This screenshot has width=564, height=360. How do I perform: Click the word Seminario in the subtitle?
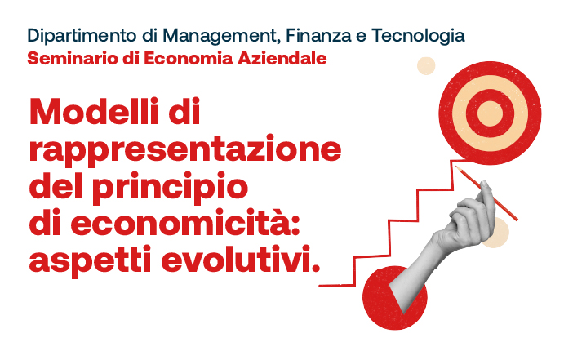73,59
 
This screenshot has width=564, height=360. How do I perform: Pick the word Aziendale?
282,59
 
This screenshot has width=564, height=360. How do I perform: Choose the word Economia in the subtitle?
188,59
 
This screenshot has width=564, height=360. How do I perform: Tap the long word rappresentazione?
185,150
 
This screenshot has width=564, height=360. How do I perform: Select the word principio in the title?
170,187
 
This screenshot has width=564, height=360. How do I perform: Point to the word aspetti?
90,260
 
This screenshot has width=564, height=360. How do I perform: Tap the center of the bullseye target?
490,113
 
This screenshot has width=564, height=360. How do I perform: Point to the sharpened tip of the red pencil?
456,167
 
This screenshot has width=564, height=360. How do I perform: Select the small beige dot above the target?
426,66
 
